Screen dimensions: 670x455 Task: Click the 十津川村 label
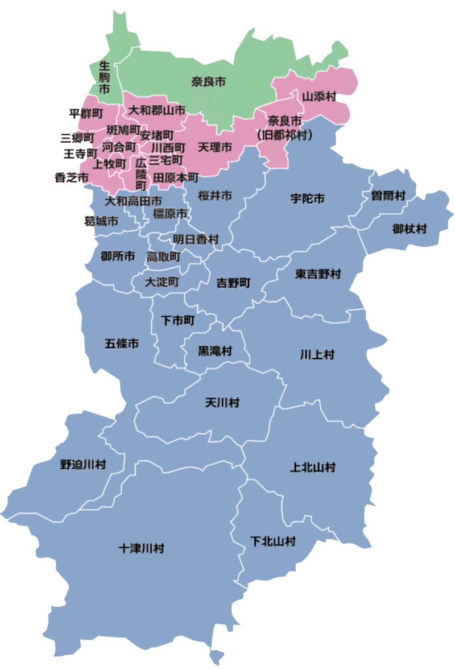tap(142, 549)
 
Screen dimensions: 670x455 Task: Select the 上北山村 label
tap(313, 468)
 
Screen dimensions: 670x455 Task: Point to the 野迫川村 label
tap(83, 465)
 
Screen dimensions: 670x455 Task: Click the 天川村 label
tap(222, 403)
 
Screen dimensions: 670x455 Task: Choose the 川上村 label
tap(317, 354)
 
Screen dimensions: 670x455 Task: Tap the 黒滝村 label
tap(214, 351)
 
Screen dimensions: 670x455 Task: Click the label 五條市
tap(122, 344)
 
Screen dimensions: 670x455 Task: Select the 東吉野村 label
tap(318, 274)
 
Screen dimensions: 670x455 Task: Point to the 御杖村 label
tap(409, 229)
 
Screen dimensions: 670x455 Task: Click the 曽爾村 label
tap(388, 196)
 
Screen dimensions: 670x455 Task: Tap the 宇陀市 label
tap(307, 198)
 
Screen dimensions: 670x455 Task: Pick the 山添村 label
tap(319, 96)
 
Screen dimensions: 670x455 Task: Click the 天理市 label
tap(215, 147)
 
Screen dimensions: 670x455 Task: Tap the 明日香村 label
tap(196, 239)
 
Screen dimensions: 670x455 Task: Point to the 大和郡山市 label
tap(156, 110)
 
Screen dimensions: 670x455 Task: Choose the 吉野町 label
tap(233, 283)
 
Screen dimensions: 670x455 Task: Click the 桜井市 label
tap(215, 196)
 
